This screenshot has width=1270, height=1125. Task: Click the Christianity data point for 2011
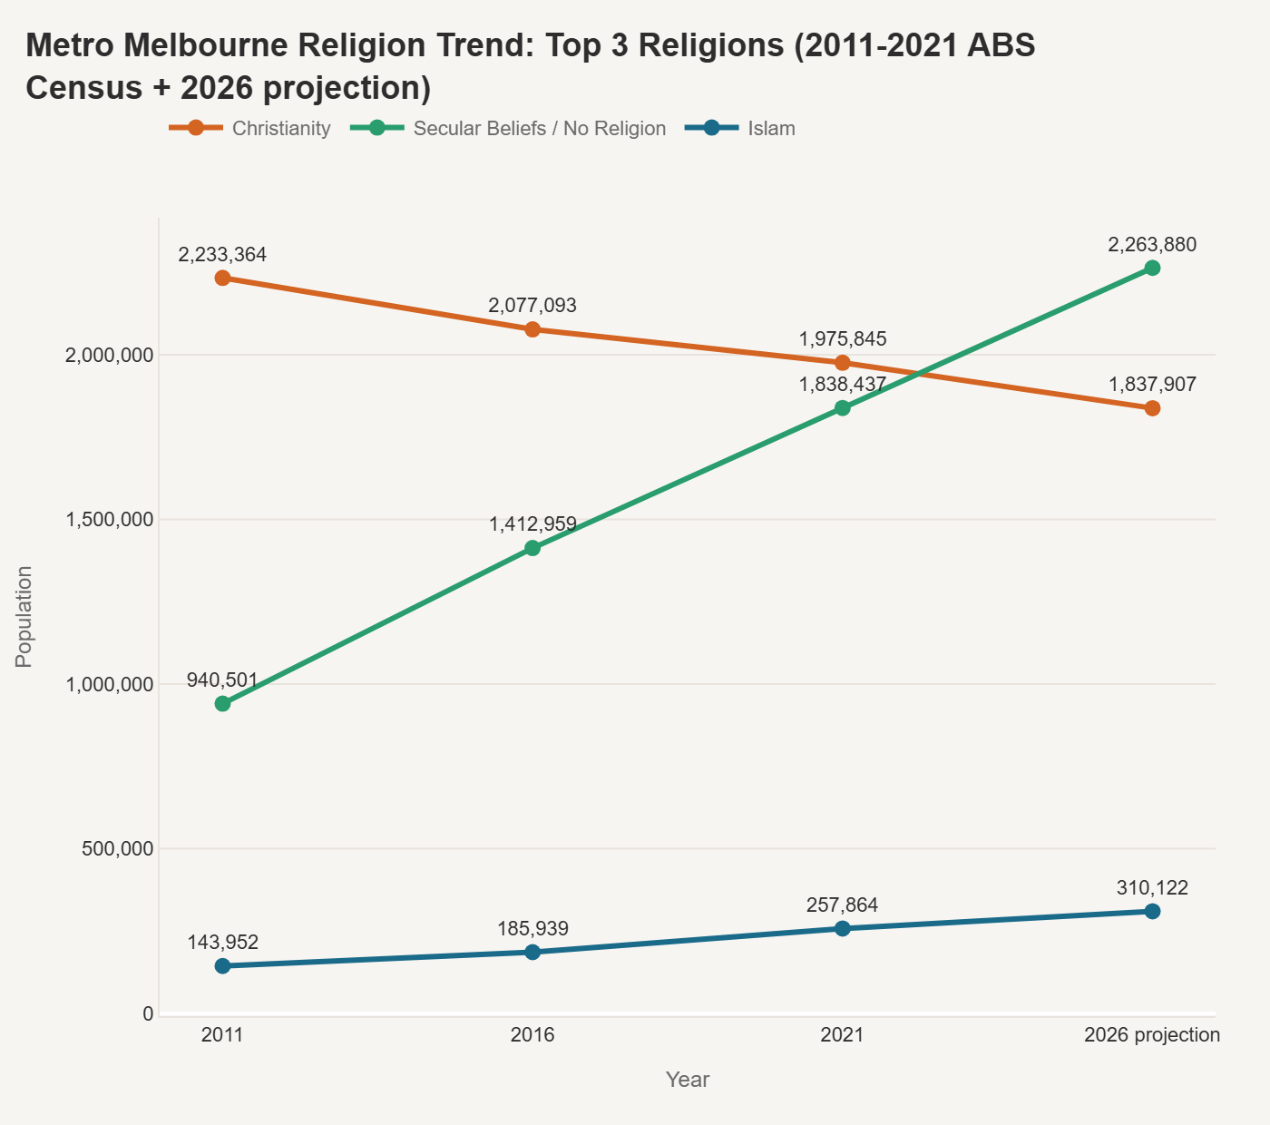click(222, 278)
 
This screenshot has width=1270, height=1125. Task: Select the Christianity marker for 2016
click(532, 329)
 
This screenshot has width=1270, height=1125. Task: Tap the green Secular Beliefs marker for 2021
click(843, 408)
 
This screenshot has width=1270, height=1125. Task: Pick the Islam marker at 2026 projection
click(1152, 911)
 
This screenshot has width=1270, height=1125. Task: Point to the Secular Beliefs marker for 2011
click(222, 703)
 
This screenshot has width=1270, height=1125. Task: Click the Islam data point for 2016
click(532, 952)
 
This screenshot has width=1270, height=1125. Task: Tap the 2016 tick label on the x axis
click(532, 1035)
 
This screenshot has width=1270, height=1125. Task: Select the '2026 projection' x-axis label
click(1152, 1035)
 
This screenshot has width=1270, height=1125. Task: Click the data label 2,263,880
click(1152, 244)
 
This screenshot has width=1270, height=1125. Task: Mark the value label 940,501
click(222, 680)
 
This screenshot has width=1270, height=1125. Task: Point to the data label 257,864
click(842, 905)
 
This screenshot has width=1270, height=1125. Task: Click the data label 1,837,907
click(1152, 385)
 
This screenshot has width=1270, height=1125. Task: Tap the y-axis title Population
click(24, 616)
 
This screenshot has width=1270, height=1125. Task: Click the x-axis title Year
click(687, 1080)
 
